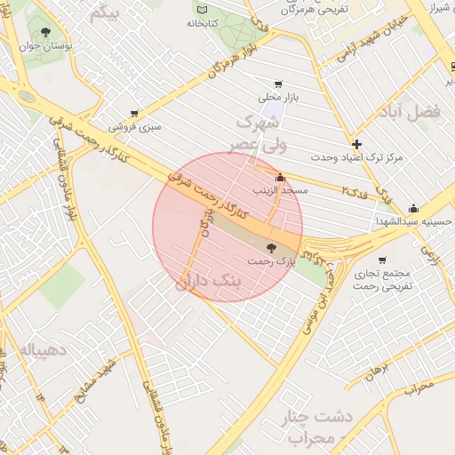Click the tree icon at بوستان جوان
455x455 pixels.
pyautogui.click(x=44, y=33)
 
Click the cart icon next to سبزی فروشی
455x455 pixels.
pyautogui.click(x=133, y=114)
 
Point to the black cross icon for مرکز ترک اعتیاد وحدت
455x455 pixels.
pyautogui.click(x=356, y=144)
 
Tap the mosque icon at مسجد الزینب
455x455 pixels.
pyautogui.click(x=281, y=177)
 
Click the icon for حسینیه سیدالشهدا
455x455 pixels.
pyautogui.click(x=412, y=209)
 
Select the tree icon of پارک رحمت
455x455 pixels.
pyautogui.click(x=271, y=248)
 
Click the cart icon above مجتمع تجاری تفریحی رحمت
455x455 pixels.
pyautogui.click(x=382, y=260)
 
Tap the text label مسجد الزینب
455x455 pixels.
pyautogui.click(x=282, y=191)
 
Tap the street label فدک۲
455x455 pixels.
pyautogui.click(x=355, y=192)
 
